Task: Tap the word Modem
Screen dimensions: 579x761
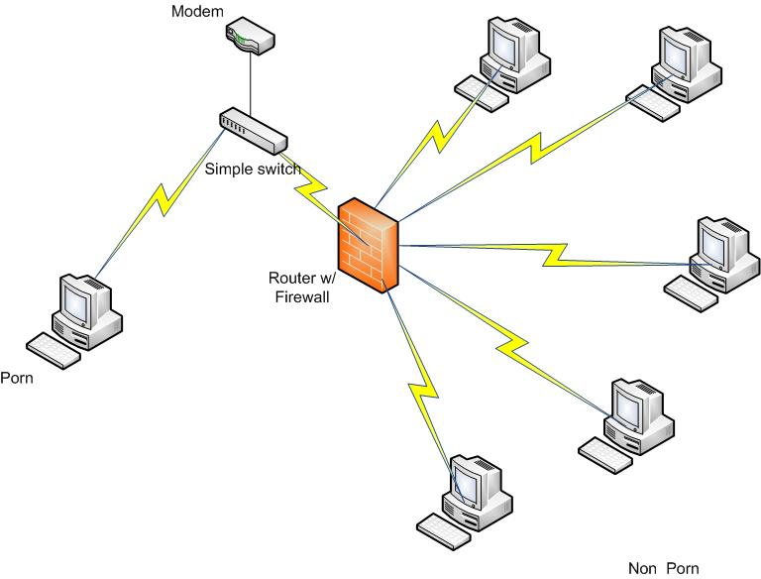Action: [x=198, y=12]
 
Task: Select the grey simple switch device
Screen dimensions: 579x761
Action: [x=251, y=128]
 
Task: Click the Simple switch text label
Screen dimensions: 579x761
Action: [x=253, y=169]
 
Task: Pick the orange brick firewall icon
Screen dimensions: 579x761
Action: [x=368, y=245]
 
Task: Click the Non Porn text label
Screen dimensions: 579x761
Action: [x=664, y=568]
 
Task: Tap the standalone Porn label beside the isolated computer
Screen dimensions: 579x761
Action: [x=17, y=377]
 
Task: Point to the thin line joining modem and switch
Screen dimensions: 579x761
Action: [x=251, y=84]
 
